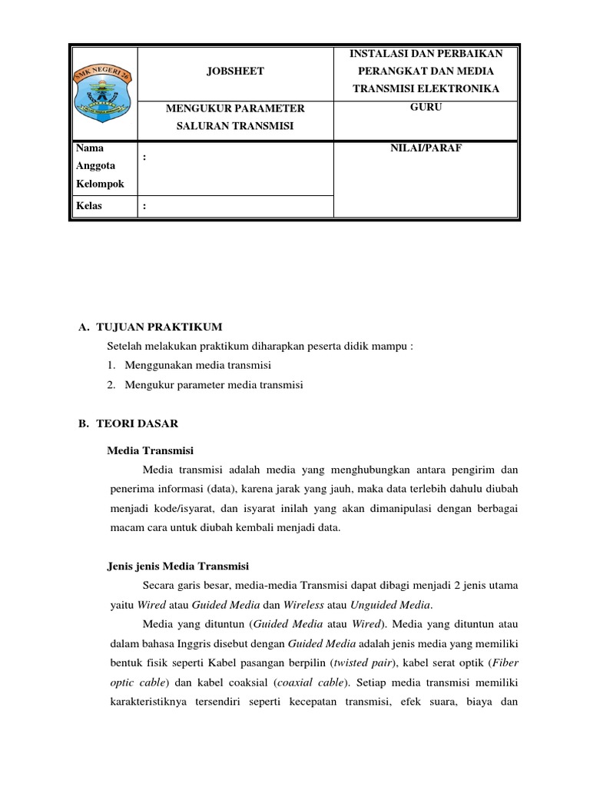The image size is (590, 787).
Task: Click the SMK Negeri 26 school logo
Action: (x=104, y=91)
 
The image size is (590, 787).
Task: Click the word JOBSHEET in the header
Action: (x=235, y=71)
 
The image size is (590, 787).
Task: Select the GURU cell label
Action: (x=426, y=108)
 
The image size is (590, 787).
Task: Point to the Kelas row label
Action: (x=88, y=206)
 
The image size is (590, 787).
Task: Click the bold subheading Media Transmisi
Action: (x=150, y=450)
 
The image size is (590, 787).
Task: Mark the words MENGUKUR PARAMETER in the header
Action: (x=235, y=108)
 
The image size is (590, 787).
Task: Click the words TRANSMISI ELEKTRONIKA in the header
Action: (x=426, y=89)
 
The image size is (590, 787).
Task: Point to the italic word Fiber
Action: (x=504, y=663)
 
